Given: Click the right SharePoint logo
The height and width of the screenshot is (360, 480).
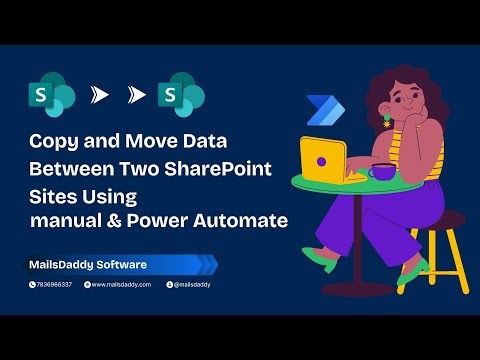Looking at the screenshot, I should [188, 96].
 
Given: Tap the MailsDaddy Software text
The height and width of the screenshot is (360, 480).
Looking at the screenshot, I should [87, 264].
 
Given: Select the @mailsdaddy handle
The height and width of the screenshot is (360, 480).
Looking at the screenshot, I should [189, 285].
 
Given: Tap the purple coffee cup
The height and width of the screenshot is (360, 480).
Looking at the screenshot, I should [381, 171].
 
